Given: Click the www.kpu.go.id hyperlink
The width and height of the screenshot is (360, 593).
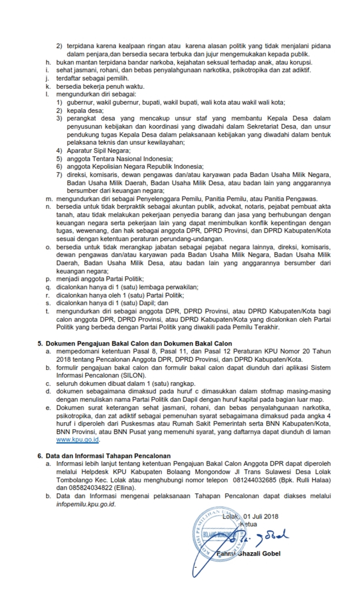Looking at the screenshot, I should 77,440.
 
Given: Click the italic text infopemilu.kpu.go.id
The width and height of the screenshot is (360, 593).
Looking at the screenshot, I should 86,504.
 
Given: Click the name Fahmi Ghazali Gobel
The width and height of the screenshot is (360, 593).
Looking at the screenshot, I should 248,553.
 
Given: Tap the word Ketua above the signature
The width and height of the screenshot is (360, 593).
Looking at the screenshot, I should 248,524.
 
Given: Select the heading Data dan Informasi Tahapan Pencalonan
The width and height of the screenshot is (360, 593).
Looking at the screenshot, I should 108,456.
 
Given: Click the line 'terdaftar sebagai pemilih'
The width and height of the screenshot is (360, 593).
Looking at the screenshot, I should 92,78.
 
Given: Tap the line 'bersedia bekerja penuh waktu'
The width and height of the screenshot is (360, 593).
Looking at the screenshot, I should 100,86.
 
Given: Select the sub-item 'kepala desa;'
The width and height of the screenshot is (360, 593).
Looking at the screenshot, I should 85,111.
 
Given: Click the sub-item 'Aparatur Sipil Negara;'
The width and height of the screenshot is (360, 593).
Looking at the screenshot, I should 99,151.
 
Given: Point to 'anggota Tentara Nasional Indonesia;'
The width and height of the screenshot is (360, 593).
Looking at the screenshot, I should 120,159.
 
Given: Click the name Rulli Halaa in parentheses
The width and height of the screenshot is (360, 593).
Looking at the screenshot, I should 312,480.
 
